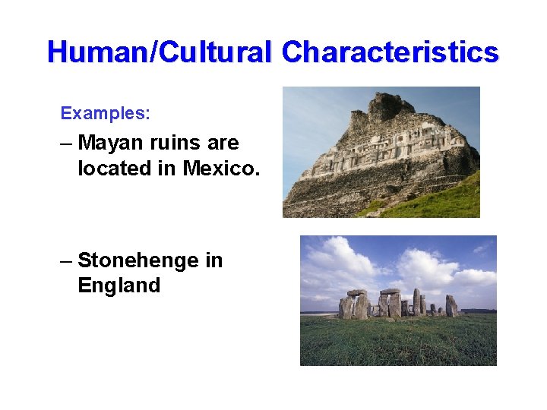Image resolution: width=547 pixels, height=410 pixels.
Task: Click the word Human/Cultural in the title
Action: point(158,52)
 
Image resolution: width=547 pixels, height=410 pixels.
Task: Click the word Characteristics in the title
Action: point(390,52)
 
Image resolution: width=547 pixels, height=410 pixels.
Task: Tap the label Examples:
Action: point(106,114)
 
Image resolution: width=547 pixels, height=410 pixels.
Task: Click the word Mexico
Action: point(221,169)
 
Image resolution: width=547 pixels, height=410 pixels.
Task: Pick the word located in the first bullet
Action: point(115,169)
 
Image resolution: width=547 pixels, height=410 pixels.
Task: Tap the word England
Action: point(119,285)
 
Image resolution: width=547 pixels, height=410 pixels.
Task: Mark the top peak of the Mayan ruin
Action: point(390,103)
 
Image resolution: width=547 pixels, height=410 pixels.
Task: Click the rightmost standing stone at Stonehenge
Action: point(451,305)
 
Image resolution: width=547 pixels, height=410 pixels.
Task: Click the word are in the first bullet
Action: point(225,143)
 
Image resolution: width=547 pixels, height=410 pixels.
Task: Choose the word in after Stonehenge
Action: point(213,260)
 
